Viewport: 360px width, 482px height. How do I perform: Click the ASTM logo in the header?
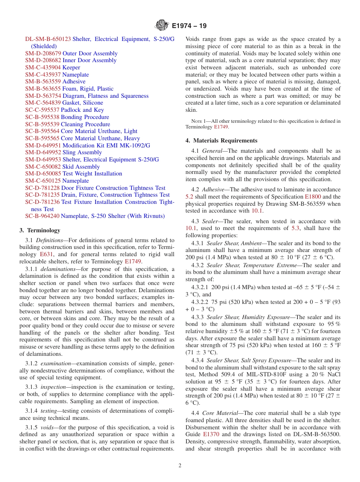[x=162, y=26]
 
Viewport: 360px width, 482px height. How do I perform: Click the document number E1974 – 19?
[x=189, y=26]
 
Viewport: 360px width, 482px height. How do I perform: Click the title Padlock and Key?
[x=82, y=110]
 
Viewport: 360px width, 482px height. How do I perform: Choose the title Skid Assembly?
[x=81, y=167]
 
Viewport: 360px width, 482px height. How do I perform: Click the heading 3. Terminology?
[x=40, y=230]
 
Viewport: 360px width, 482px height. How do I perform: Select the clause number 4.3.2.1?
[x=200, y=287]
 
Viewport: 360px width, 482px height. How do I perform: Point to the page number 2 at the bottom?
[x=180, y=466]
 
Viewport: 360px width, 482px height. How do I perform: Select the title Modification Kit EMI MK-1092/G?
[x=106, y=146]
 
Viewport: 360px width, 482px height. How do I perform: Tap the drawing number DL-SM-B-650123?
[x=48, y=39]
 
